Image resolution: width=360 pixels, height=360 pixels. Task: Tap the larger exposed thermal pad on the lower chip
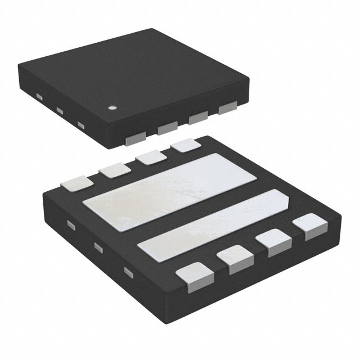pos(163,191)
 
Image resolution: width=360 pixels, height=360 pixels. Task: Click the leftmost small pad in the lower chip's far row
pos(78,183)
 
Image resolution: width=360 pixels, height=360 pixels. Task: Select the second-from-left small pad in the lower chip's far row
pos(112,169)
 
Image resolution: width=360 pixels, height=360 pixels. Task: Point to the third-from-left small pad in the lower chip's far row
pos(150,157)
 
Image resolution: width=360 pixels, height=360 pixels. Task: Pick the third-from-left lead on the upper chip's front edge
pos(197,119)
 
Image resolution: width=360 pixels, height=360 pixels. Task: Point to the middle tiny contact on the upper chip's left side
pos(58,110)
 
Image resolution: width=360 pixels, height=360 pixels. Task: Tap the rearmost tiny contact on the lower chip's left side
pos(71,226)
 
